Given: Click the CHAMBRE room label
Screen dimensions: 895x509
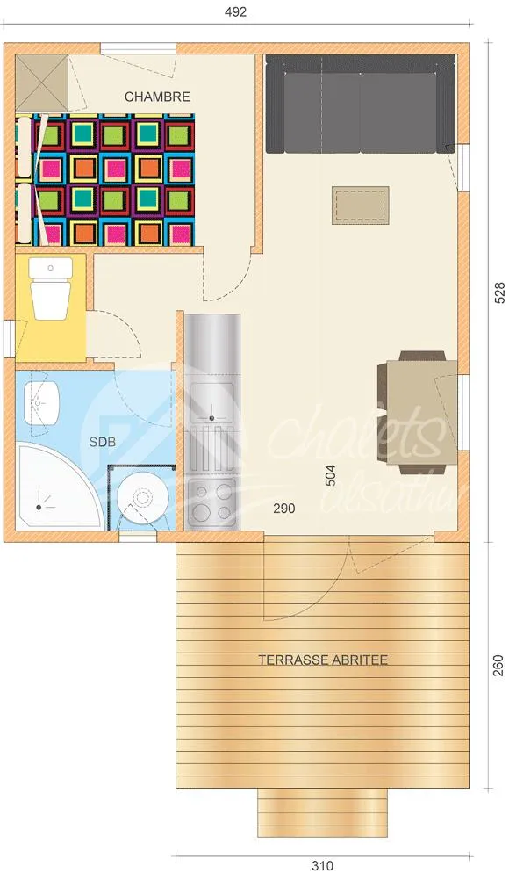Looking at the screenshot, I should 157,97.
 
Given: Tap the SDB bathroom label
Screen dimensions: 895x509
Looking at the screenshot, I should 102,442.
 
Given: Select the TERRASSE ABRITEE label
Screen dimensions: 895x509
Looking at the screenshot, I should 322,660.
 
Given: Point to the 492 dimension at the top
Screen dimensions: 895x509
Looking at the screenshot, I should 236,12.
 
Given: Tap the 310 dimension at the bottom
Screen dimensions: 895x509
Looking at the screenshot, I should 322,866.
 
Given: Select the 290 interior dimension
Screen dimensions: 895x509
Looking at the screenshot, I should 283,508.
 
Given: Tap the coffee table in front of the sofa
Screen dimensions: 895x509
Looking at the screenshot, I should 360,205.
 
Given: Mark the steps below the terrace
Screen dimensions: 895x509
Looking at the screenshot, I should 322,812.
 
